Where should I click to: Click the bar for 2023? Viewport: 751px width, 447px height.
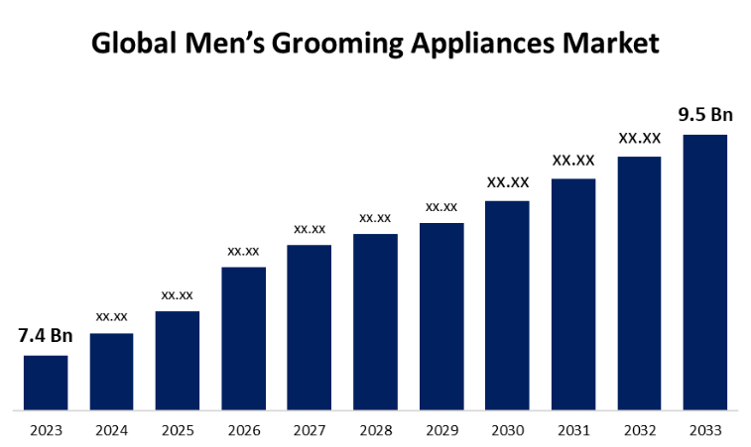46,382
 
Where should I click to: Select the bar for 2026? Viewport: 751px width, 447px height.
243,337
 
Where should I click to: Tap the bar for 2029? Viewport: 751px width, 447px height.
441,315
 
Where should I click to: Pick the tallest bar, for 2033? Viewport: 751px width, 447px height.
705,272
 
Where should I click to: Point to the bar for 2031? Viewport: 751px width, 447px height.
573,293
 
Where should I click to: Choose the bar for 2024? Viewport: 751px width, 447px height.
111,371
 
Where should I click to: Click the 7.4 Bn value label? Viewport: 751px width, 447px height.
46,335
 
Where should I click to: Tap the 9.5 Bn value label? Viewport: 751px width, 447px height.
705,114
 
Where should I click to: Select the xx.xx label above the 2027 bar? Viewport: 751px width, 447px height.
310,229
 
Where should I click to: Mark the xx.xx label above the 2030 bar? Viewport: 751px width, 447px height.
507,182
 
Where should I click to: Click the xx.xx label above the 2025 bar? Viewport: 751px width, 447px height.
178,294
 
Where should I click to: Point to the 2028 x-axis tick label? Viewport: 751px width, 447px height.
375,430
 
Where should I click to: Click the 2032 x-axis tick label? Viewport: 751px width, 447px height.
640,430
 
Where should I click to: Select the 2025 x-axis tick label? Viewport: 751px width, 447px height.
178,430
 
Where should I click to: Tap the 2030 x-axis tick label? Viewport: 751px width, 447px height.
507,430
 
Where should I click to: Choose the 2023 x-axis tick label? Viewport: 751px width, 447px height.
46,430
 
